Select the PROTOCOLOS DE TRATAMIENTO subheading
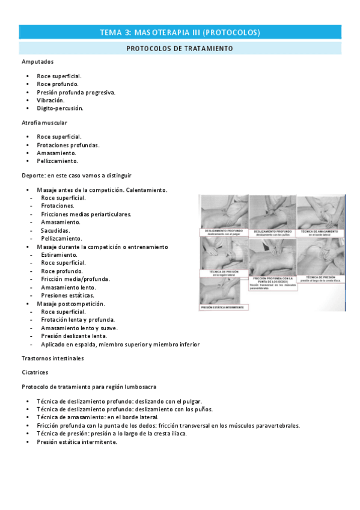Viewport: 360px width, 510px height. pyautogui.click(x=180, y=48)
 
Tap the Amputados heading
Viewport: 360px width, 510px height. pyautogui.click(x=37, y=61)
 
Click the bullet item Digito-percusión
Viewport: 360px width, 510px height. pyautogui.click(x=59, y=108)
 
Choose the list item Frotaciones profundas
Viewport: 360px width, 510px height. pyautogui.click(x=68, y=145)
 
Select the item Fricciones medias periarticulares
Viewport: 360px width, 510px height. pyautogui.click(x=85, y=214)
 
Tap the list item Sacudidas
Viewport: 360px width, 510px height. pyautogui.click(x=55, y=230)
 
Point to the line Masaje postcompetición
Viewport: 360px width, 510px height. pyautogui.click(x=70, y=304)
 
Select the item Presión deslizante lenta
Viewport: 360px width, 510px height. pyautogui.click(x=73, y=336)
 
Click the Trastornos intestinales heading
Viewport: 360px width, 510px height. pyautogui.click(x=52, y=358)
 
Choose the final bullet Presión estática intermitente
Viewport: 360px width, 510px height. pyautogui.click(x=76, y=442)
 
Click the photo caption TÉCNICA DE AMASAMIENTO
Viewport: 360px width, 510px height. pyautogui.click(x=320, y=232)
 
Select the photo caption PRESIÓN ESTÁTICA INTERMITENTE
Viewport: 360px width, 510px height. pyautogui.click(x=224, y=308)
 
